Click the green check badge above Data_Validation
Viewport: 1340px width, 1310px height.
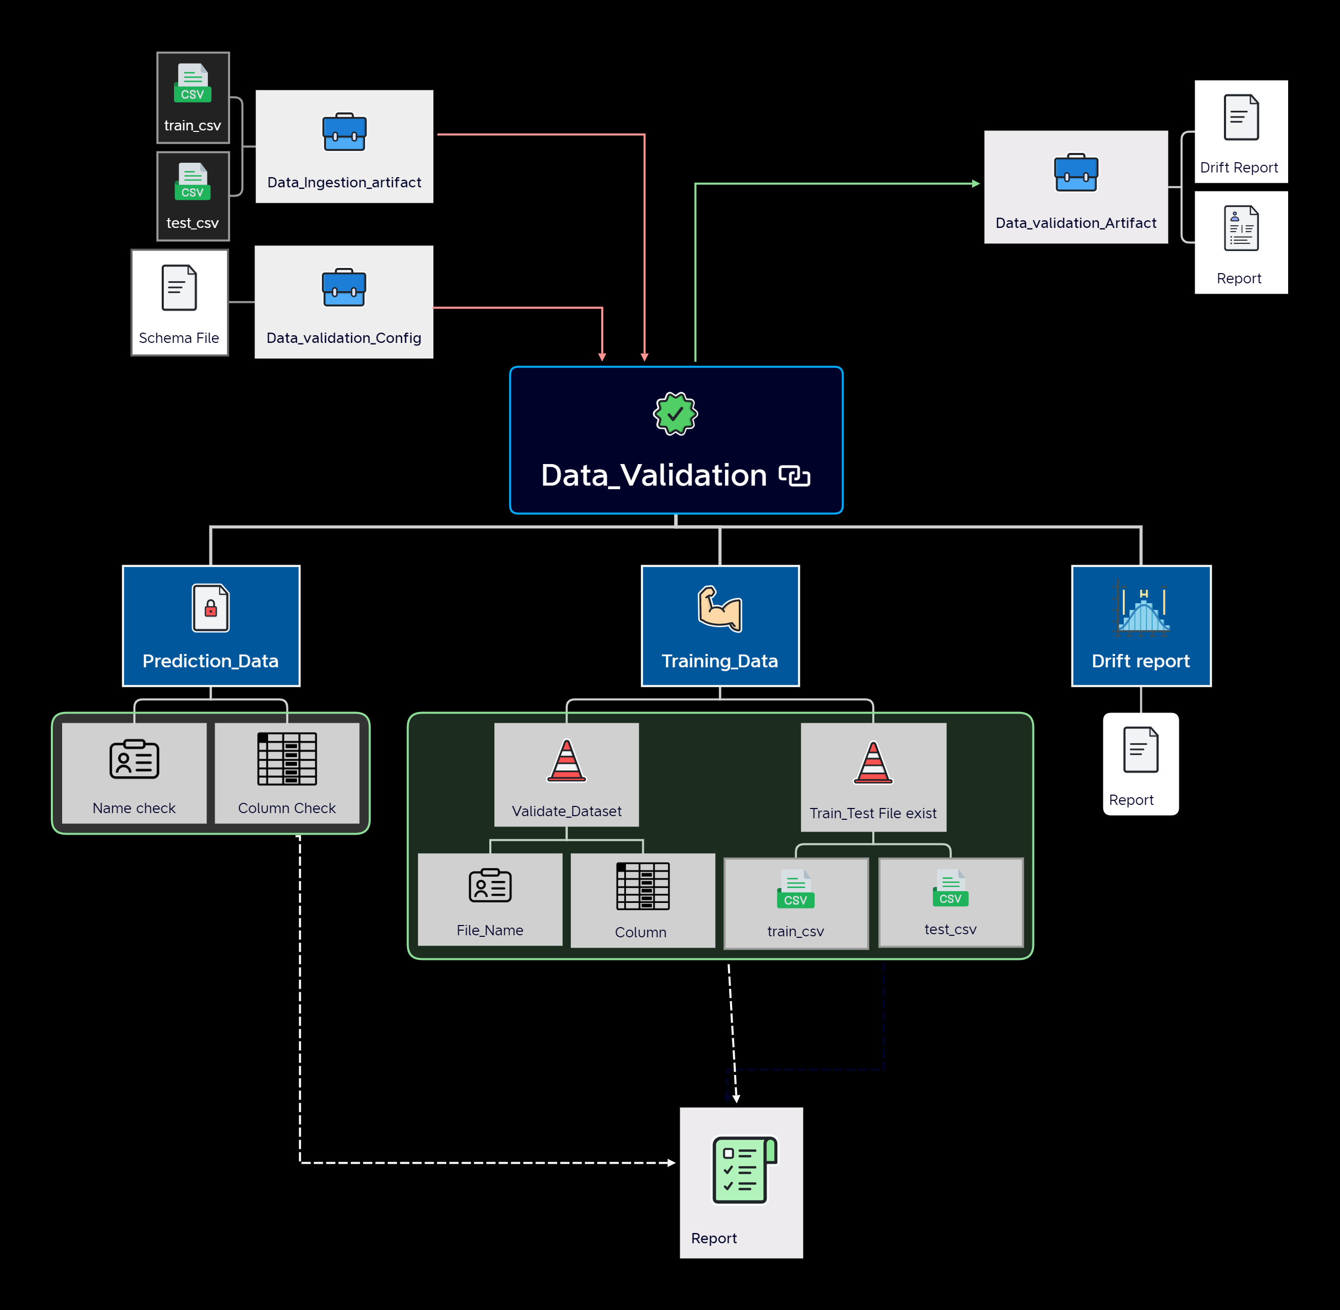[675, 414]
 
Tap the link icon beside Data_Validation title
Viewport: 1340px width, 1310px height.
[794, 475]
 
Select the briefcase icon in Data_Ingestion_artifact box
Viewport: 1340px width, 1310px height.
[344, 131]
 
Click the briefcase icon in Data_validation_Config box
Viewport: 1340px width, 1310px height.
[344, 287]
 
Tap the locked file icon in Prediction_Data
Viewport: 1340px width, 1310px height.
[210, 608]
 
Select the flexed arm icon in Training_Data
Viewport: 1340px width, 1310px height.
[720, 608]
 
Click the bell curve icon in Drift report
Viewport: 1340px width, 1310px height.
[1141, 608]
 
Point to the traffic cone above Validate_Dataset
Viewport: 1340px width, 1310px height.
[566, 760]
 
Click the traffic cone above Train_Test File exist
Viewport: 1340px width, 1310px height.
[873, 762]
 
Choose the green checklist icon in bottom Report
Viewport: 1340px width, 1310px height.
[744, 1170]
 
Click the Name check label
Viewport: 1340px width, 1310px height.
[134, 808]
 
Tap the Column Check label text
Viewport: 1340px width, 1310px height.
[287, 808]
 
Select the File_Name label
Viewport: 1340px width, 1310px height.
[490, 930]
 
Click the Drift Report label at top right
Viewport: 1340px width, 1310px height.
[1239, 167]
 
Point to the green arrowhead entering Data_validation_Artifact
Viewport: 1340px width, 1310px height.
[976, 184]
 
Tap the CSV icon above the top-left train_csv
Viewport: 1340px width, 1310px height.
[193, 83]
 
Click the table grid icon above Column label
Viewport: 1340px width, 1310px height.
[643, 886]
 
